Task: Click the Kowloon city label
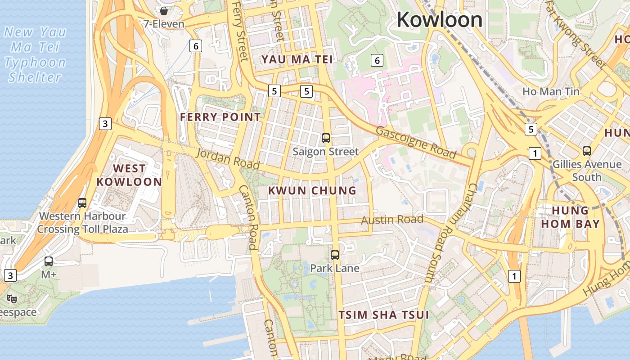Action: pos(439,20)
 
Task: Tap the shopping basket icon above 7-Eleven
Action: pos(164,10)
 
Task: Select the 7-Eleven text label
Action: pos(164,24)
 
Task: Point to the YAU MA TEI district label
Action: pos(297,59)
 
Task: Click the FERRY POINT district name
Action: pos(220,117)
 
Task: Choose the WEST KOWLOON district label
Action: pos(129,175)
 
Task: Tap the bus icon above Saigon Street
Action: pos(326,138)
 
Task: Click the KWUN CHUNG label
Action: pos(312,191)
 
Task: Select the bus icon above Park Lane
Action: pos(335,255)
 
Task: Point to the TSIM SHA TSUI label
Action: pos(383,315)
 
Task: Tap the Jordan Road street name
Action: pos(228,159)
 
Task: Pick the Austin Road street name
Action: pos(392,220)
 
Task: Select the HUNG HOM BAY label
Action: pos(570,217)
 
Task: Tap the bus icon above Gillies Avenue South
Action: pos(587,151)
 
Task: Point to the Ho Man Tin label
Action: pos(551,92)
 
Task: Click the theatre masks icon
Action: pos(12,298)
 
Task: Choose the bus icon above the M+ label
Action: pos(49,261)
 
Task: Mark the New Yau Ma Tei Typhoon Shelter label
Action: pos(35,54)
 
